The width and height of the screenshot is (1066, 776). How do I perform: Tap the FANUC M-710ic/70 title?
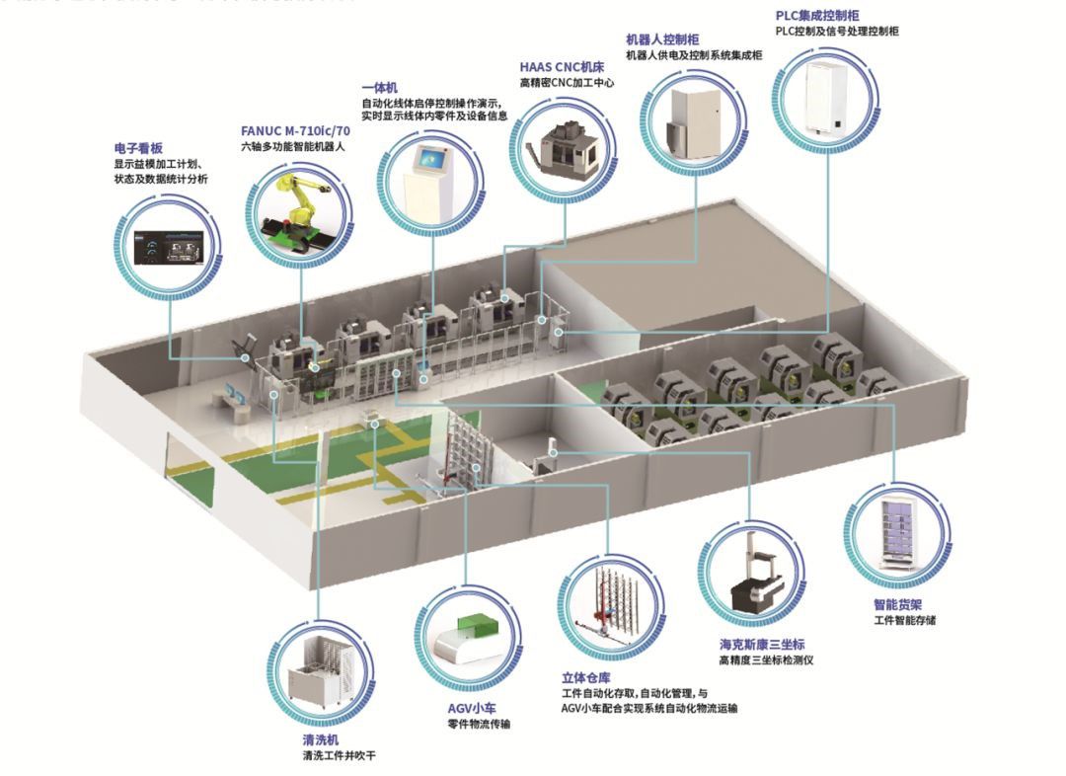tap(295, 130)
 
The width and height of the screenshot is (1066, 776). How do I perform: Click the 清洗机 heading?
tap(321, 739)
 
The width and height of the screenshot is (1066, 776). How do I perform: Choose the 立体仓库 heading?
tap(585, 678)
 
